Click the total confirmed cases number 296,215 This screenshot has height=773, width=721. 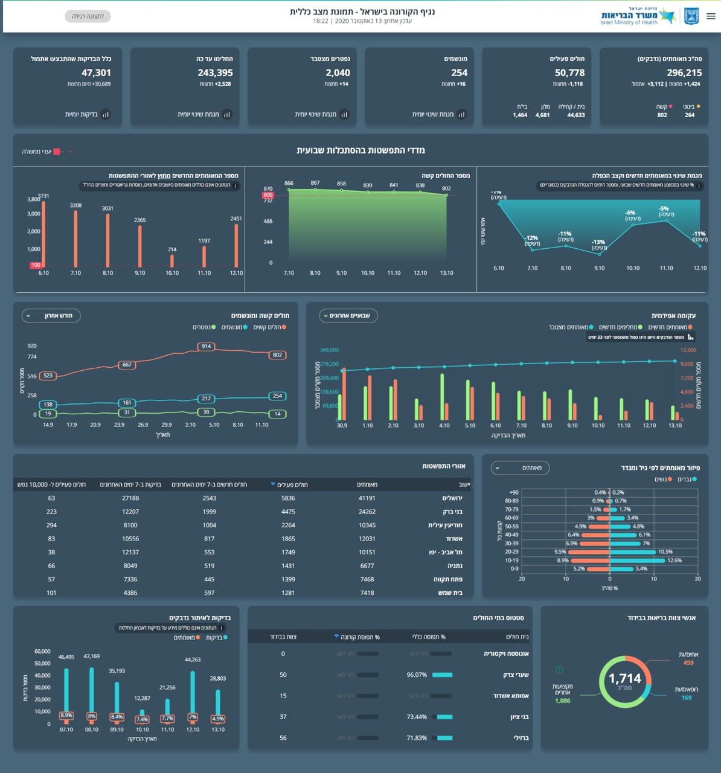(x=684, y=73)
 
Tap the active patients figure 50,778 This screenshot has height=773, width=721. (x=569, y=73)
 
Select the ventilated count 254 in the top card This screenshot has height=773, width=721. (x=459, y=73)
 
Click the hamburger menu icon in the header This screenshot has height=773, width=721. (x=711, y=16)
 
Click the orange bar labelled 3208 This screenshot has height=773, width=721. (x=75, y=239)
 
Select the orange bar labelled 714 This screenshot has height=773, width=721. (x=172, y=260)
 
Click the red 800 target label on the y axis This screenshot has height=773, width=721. (x=268, y=195)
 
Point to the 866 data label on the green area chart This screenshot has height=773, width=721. (x=289, y=183)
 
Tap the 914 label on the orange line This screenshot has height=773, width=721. (x=207, y=346)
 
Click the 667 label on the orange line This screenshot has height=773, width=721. (x=127, y=365)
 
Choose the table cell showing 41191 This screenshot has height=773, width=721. (x=367, y=498)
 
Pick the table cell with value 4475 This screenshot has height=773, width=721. (x=288, y=512)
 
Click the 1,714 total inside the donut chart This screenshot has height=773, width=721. (x=624, y=679)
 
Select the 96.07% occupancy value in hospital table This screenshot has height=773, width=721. (x=417, y=675)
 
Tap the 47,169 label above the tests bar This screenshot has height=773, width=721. (x=92, y=656)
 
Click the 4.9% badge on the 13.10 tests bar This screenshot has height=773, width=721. (x=218, y=719)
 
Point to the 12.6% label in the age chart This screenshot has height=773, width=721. (x=675, y=560)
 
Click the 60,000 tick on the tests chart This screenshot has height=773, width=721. (x=42, y=651)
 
